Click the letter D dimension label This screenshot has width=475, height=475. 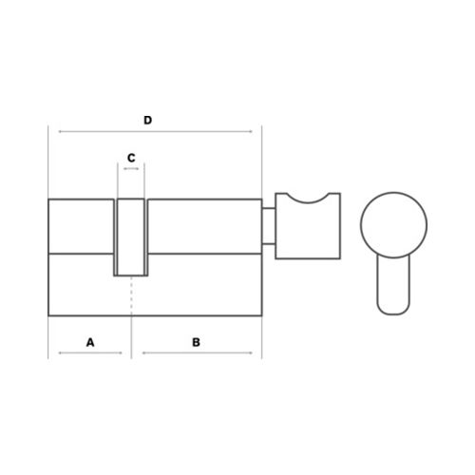[x=148, y=121]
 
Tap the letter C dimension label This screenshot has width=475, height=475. [x=131, y=158]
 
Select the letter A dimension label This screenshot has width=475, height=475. [x=90, y=342]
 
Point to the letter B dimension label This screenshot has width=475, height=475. [x=197, y=342]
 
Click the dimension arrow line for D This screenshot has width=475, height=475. [x=156, y=131]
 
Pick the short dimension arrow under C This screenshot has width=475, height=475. [x=131, y=169]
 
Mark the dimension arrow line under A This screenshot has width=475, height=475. [x=90, y=352]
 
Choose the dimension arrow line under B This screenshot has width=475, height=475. [x=198, y=352]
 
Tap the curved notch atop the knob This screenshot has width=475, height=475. [x=308, y=202]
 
